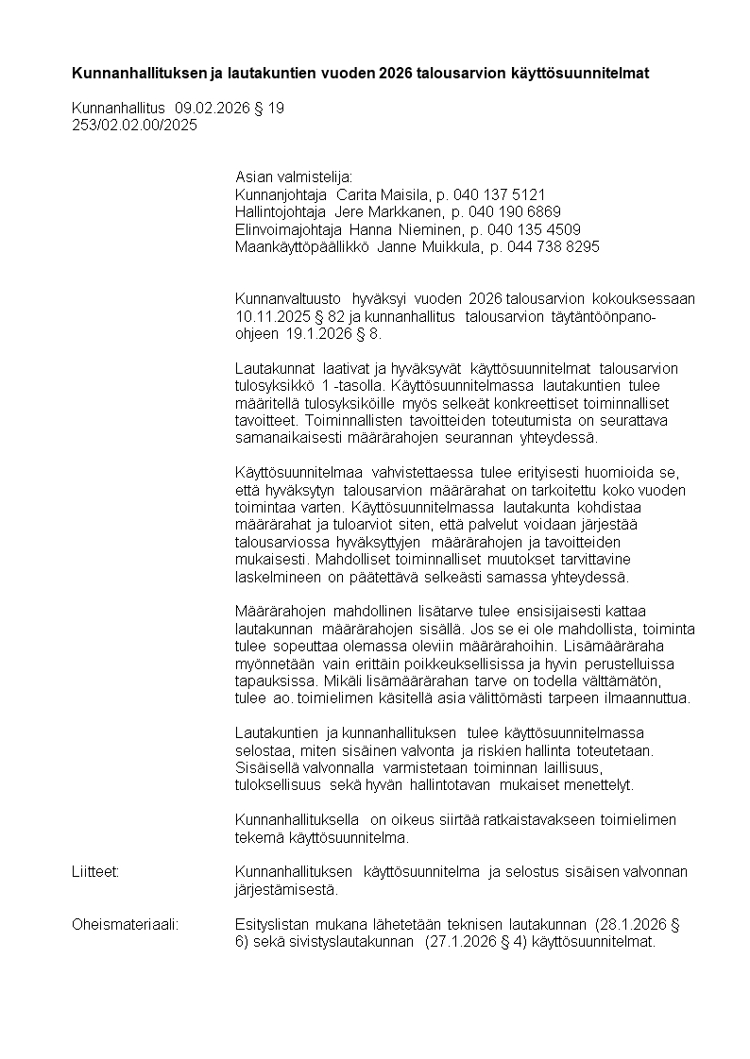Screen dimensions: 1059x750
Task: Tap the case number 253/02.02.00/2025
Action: point(135,125)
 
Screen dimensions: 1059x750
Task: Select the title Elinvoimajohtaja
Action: point(288,229)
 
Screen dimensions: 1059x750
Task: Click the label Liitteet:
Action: point(95,871)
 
